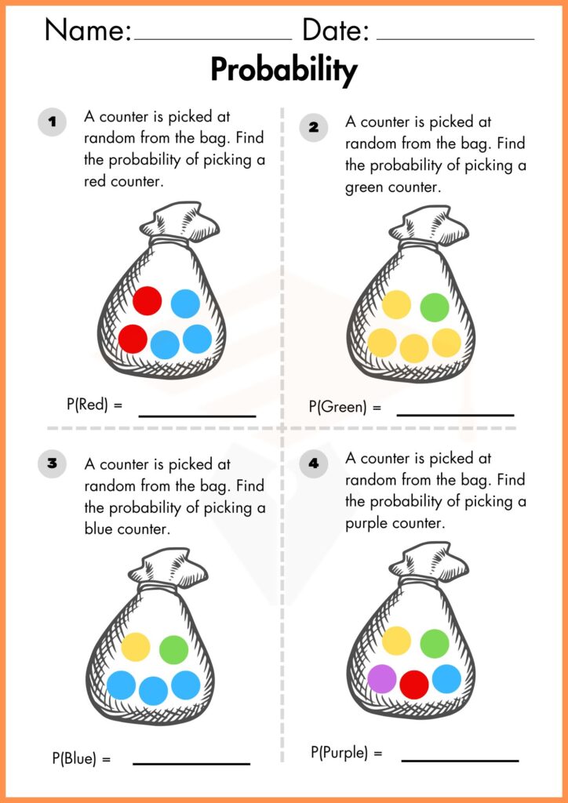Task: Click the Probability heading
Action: pyautogui.click(x=283, y=71)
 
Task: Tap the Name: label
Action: pyautogui.click(x=88, y=31)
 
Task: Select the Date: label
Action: pyautogui.click(x=336, y=31)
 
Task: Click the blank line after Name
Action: pyautogui.click(x=213, y=38)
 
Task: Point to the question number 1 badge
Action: pyautogui.click(x=52, y=122)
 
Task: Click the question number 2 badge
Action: pyautogui.click(x=314, y=126)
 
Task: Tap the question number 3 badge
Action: pyautogui.click(x=52, y=463)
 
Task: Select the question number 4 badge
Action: pyautogui.click(x=314, y=463)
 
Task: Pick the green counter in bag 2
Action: pyautogui.click(x=434, y=307)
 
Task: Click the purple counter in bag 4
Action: pyautogui.click(x=381, y=679)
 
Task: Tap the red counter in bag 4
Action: pyautogui.click(x=414, y=685)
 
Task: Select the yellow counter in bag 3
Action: pyautogui.click(x=136, y=647)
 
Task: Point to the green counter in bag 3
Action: pyautogui.click(x=173, y=649)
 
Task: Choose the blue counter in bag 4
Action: pyautogui.click(x=446, y=679)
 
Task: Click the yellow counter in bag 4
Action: pyautogui.click(x=396, y=641)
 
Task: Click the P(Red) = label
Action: pyautogui.click(x=95, y=405)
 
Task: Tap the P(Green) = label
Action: pyautogui.click(x=344, y=407)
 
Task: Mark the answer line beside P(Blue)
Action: pyautogui.click(x=191, y=763)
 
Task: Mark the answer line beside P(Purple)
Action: pyautogui.click(x=460, y=760)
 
